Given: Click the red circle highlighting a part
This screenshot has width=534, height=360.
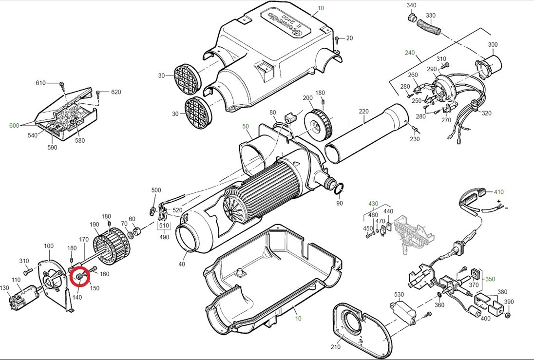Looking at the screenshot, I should pyautogui.click(x=79, y=278).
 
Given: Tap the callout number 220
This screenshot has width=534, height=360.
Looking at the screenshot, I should pyautogui.click(x=363, y=111).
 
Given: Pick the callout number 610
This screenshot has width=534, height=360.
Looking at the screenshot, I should pyautogui.click(x=40, y=83).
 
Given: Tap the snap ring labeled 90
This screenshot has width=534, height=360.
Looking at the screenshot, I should pyautogui.click(x=340, y=188).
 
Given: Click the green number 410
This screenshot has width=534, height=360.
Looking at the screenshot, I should pyautogui.click(x=498, y=192).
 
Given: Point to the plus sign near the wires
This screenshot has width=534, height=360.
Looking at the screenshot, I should pyautogui.click(x=498, y=201).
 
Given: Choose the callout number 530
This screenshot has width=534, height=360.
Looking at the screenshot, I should pyautogui.click(x=399, y=295).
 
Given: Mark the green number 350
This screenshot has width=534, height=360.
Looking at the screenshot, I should pyautogui.click(x=490, y=279).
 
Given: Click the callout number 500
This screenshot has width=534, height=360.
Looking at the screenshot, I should pyautogui.click(x=156, y=190).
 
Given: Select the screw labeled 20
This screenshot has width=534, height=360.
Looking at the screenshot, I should pyautogui.click(x=338, y=39).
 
